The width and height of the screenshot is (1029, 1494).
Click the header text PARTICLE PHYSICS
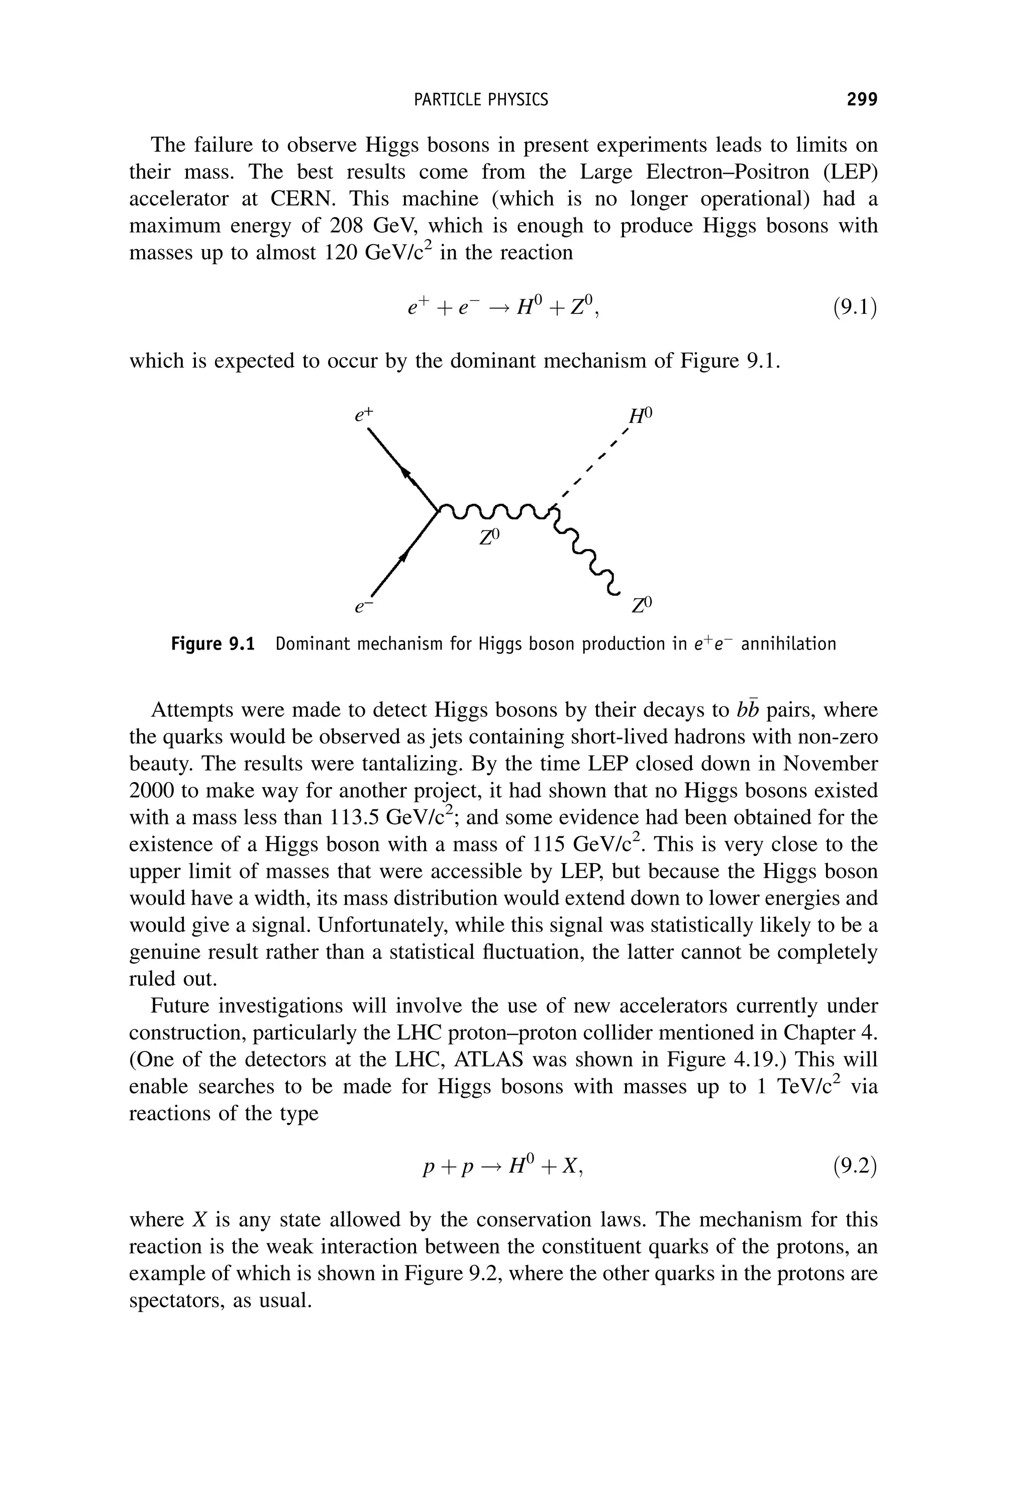tap(480, 99)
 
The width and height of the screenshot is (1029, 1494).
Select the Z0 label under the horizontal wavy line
tap(489, 537)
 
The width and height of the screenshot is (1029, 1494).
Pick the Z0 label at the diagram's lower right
tap(642, 605)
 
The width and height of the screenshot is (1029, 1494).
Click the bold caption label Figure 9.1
tap(213, 644)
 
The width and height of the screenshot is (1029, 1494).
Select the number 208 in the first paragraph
tap(348, 226)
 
